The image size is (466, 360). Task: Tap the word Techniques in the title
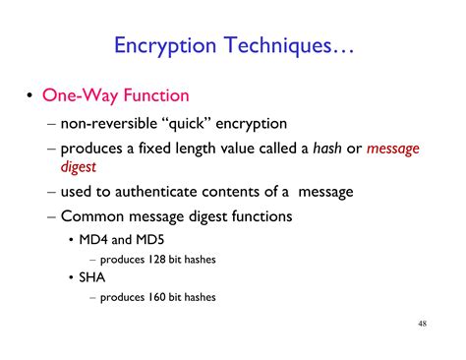tap(279, 45)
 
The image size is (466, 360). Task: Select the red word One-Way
tap(74, 96)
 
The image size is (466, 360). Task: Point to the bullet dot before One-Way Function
tap(28, 97)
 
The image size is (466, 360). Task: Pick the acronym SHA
tap(95, 278)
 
